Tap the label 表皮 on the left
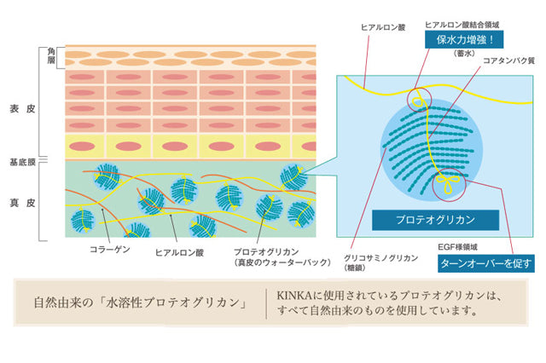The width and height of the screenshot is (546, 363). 21,109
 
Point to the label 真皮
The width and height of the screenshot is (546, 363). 21,202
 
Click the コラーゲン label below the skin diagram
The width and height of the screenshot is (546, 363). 110,250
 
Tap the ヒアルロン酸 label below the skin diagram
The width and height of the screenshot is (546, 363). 179,252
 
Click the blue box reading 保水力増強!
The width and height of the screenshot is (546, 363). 463,39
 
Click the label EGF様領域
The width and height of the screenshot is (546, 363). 457,246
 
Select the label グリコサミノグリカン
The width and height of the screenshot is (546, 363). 380,256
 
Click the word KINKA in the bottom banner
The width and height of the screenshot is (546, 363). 293,295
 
